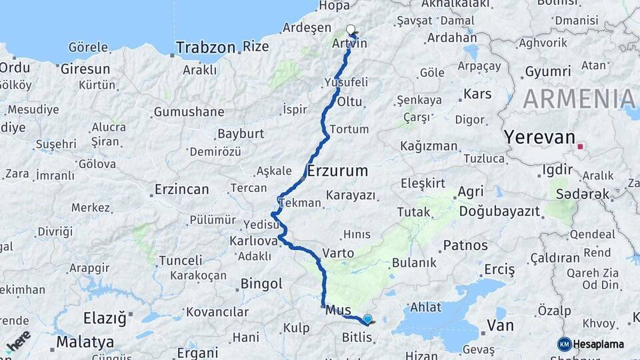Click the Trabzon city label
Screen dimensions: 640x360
206,47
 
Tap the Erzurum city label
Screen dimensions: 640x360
338,171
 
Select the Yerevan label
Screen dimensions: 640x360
539,137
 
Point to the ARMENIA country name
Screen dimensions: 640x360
579,99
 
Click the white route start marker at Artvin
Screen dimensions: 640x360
351,29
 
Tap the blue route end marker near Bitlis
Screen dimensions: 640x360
367,319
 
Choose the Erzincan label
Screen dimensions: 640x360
181,189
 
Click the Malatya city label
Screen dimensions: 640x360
85,342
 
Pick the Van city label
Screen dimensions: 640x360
501,325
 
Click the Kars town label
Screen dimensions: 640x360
477,93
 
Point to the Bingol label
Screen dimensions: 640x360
261,284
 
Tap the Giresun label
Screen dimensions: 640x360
85,69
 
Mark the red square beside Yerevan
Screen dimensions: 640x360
581,146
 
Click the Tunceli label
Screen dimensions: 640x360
180,260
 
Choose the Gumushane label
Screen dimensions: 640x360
193,112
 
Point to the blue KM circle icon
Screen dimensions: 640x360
565,344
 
